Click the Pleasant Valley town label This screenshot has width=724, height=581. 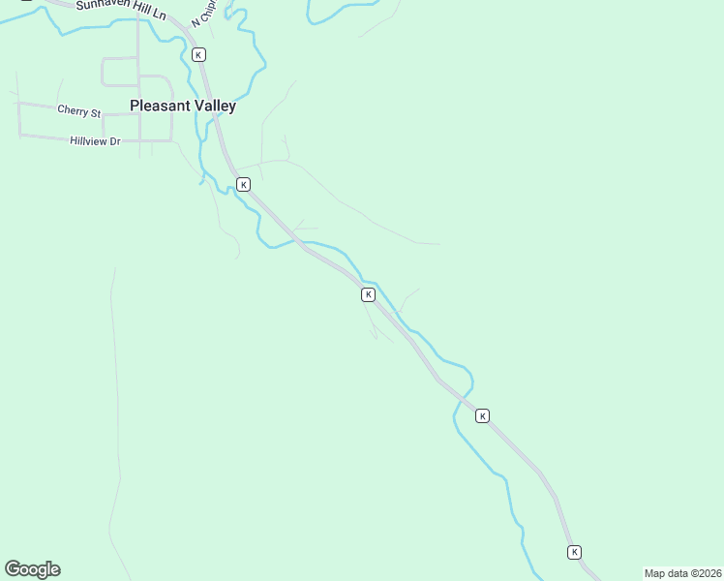pyautogui.click(x=183, y=107)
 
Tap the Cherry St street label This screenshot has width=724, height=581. pyautogui.click(x=78, y=111)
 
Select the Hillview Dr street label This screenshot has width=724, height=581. pyautogui.click(x=95, y=141)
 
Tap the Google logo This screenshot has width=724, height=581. pyautogui.click(x=32, y=569)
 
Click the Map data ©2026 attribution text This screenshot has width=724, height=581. pyautogui.click(x=682, y=573)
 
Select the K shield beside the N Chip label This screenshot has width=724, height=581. pyautogui.click(x=198, y=55)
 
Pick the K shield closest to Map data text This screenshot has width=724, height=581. pyautogui.click(x=574, y=552)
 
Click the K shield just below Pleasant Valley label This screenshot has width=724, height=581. pyautogui.click(x=244, y=184)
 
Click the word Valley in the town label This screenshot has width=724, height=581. pyautogui.click(x=213, y=107)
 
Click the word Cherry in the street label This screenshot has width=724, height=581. pyautogui.click(x=73, y=111)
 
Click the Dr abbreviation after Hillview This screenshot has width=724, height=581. pyautogui.click(x=114, y=141)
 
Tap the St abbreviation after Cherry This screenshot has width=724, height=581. pyautogui.click(x=95, y=112)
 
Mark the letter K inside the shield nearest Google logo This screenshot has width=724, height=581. pyautogui.click(x=368, y=294)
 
